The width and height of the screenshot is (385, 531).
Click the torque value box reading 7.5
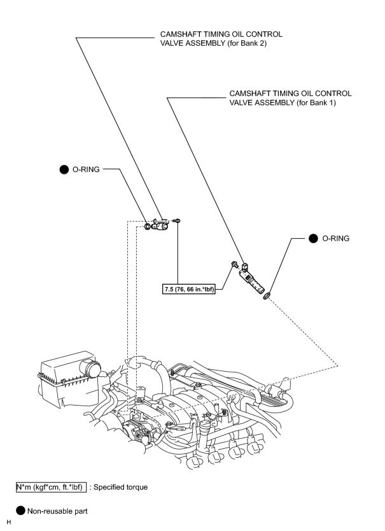[x=188, y=289]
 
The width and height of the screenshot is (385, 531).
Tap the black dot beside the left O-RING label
[x=64, y=169]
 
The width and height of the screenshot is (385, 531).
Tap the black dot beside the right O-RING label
[x=313, y=238]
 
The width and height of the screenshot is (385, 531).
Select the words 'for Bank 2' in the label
[x=248, y=43]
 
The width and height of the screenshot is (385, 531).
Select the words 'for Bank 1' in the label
[x=318, y=103]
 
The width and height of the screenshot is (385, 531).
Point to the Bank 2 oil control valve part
[x=160, y=225]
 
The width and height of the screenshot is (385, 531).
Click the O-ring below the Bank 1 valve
[x=267, y=295]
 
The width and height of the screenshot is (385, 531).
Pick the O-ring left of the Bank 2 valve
[x=147, y=226]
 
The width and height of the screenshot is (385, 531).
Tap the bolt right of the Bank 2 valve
[x=176, y=221]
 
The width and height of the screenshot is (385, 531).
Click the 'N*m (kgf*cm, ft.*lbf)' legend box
[x=51, y=487]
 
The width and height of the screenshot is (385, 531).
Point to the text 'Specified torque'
[x=120, y=487]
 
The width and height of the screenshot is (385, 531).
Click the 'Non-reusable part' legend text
[x=57, y=511]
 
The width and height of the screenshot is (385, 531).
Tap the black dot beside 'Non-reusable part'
[x=20, y=511]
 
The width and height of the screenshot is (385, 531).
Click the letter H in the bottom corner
[x=9, y=522]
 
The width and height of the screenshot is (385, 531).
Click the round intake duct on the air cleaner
[x=90, y=369]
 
